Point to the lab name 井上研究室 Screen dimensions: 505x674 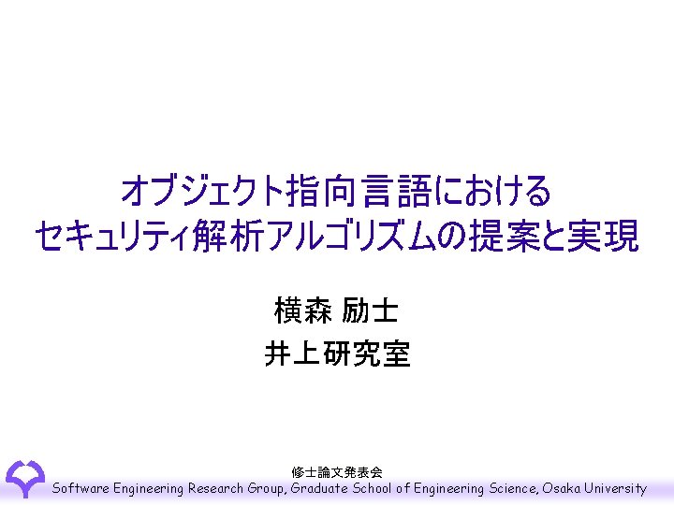337,354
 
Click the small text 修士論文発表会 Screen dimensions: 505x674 337,472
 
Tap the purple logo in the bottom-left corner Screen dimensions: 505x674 25,478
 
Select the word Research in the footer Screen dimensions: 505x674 216,488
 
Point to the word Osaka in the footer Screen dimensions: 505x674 561,488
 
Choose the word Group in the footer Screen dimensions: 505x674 268,488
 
